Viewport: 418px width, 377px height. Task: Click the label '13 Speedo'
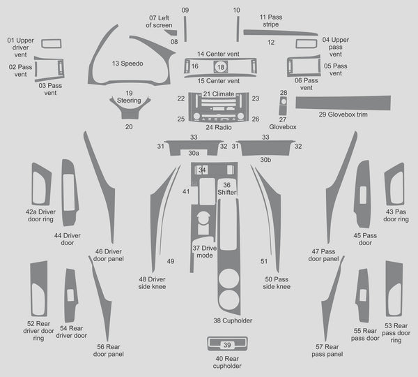pyautogui.click(x=127, y=64)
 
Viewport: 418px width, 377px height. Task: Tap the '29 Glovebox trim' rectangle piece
pyautogui.click(x=343, y=103)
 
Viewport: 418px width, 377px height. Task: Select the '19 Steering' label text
pyautogui.click(x=129, y=97)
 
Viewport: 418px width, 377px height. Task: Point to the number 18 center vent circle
pyautogui.click(x=221, y=67)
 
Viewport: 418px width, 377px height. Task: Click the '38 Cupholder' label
pyautogui.click(x=233, y=320)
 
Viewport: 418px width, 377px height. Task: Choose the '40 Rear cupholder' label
pyautogui.click(x=227, y=362)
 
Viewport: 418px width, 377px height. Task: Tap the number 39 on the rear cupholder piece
pyautogui.click(x=227, y=345)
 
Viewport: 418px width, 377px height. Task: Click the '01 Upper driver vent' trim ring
pyautogui.click(x=52, y=44)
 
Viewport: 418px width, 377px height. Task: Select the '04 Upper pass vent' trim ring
pyautogui.click(x=307, y=44)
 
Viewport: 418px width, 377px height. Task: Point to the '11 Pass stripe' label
pyautogui.click(x=271, y=20)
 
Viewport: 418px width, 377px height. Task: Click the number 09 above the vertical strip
pyautogui.click(x=185, y=10)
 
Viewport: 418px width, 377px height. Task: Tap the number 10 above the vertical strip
pyautogui.click(x=236, y=10)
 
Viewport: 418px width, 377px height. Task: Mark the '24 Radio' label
pyautogui.click(x=219, y=127)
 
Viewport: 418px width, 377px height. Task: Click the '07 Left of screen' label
pyautogui.click(x=159, y=22)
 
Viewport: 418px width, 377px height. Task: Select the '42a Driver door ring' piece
pyautogui.click(x=41, y=184)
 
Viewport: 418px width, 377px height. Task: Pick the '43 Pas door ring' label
pyautogui.click(x=396, y=215)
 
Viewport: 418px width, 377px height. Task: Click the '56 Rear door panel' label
pyautogui.click(x=109, y=350)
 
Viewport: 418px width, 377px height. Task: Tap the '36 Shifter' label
pyautogui.click(x=227, y=188)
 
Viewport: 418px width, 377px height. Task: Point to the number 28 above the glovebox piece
pyautogui.click(x=284, y=93)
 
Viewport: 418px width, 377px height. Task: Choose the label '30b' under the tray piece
pyautogui.click(x=265, y=160)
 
